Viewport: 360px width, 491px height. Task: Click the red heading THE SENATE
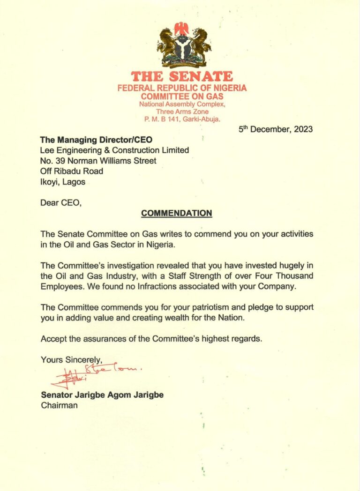[181, 77]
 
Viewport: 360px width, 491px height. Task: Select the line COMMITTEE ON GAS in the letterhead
[182, 97]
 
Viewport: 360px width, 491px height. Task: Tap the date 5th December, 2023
[276, 129]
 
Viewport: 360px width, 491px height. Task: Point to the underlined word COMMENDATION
[177, 213]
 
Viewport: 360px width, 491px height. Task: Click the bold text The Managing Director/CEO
[97, 140]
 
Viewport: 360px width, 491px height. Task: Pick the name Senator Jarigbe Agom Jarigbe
[102, 395]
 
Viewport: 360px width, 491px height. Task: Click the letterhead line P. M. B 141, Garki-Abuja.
[181, 119]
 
